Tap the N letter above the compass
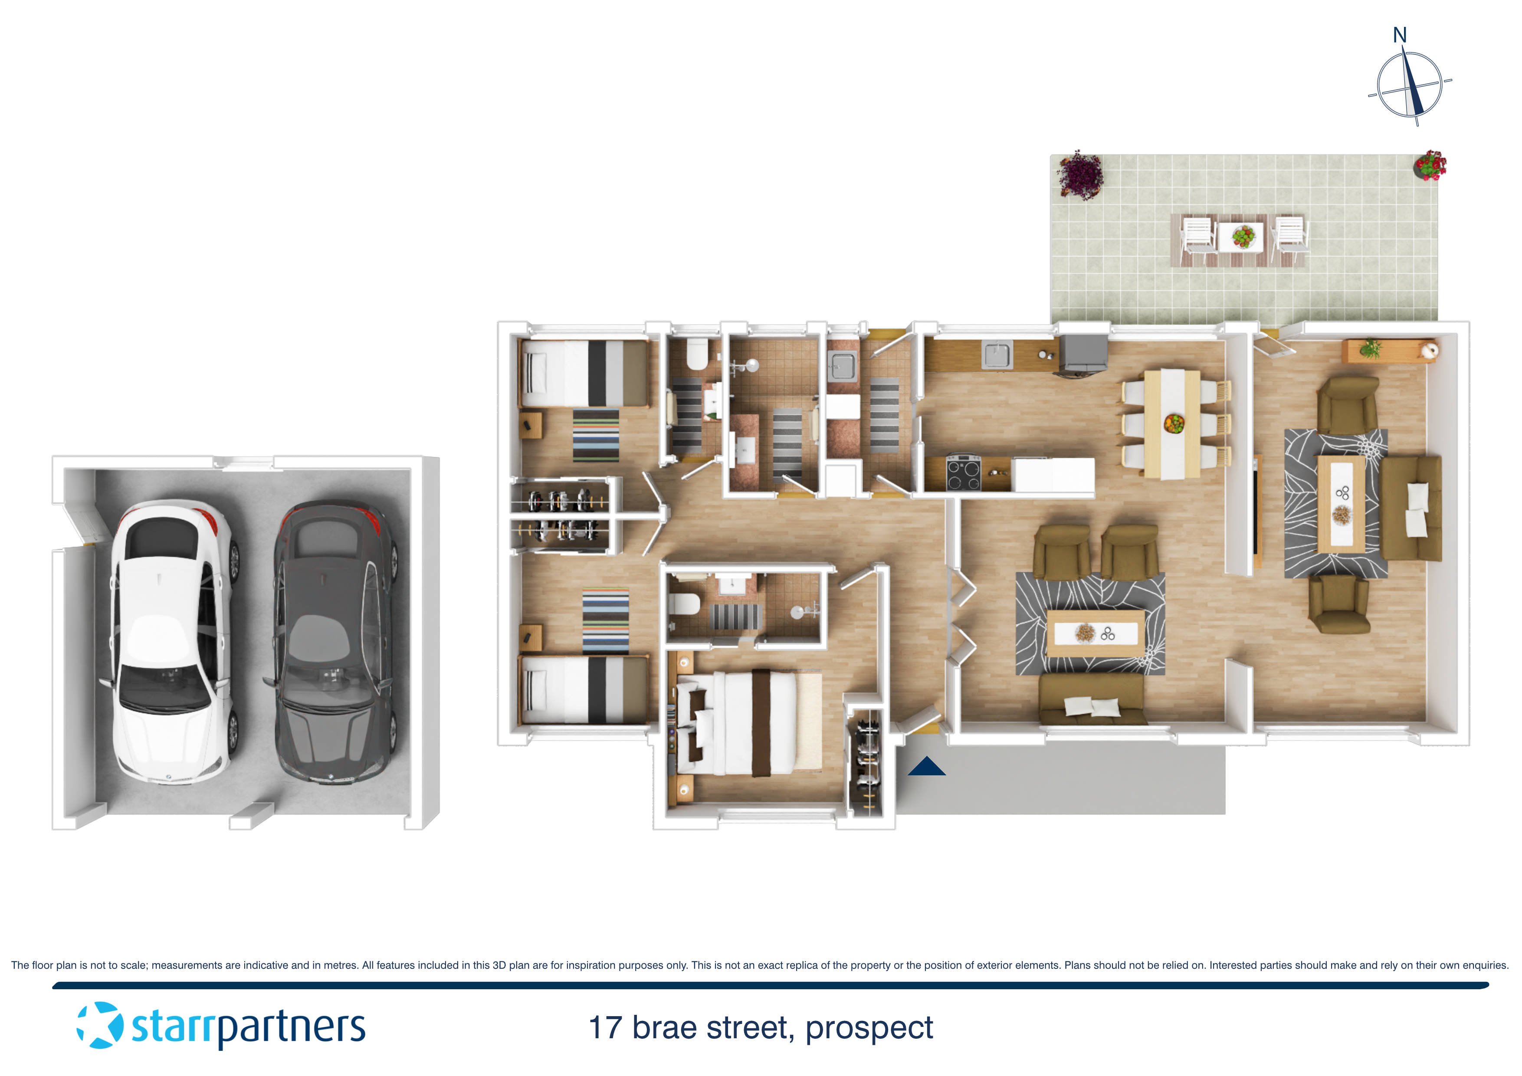[1399, 35]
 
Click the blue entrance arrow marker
[926, 767]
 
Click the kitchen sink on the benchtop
[997, 354]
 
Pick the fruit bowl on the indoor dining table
[1174, 423]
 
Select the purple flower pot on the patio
[1080, 174]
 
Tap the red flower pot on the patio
[1430, 165]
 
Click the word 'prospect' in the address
[869, 1028]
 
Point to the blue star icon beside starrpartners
[100, 1026]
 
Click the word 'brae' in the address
[664, 1028]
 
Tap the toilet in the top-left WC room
[697, 354]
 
